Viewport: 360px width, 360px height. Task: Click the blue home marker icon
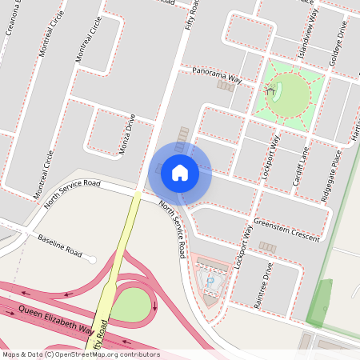pos(180,172)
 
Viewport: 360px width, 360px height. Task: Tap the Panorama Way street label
pos(216,76)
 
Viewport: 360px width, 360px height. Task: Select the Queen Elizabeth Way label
pos(56,318)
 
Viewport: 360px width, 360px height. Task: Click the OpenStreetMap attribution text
pos(81,354)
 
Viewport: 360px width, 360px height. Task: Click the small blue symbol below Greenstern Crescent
pos(211,281)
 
